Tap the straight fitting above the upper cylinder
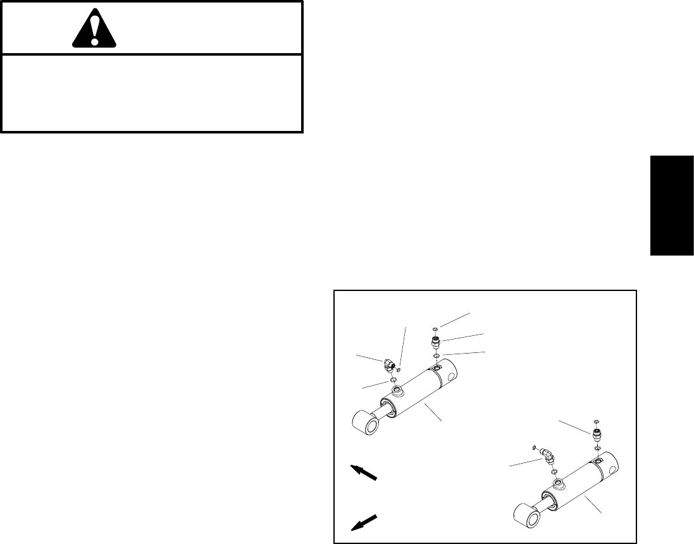435,343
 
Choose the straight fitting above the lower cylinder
597,435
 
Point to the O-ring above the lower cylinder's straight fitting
597,421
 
